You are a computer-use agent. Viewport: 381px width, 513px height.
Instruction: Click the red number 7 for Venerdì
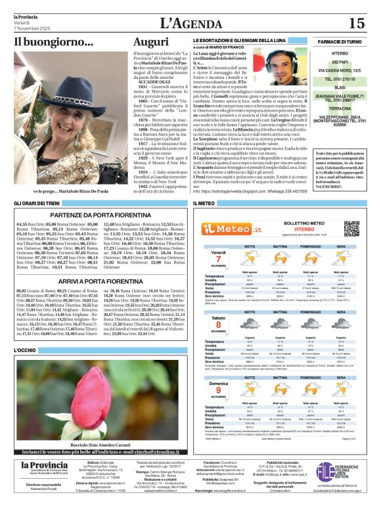pyautogui.click(x=219, y=258)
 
